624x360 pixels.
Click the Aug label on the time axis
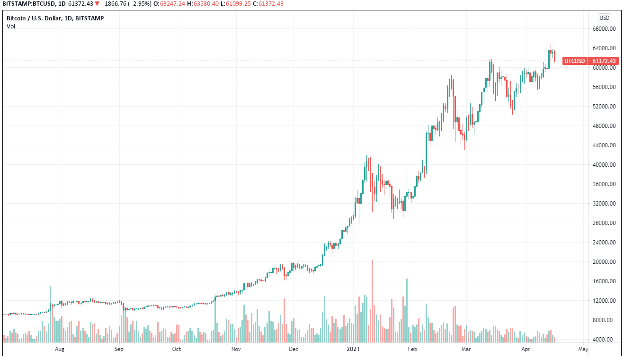(60, 350)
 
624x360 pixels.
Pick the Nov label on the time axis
(236, 350)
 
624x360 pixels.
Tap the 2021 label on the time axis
(353, 350)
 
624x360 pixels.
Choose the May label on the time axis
(583, 350)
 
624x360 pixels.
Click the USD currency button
(605, 18)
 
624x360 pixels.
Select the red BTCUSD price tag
(575, 61)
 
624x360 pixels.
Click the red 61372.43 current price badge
(604, 61)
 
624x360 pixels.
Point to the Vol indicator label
(11, 27)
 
